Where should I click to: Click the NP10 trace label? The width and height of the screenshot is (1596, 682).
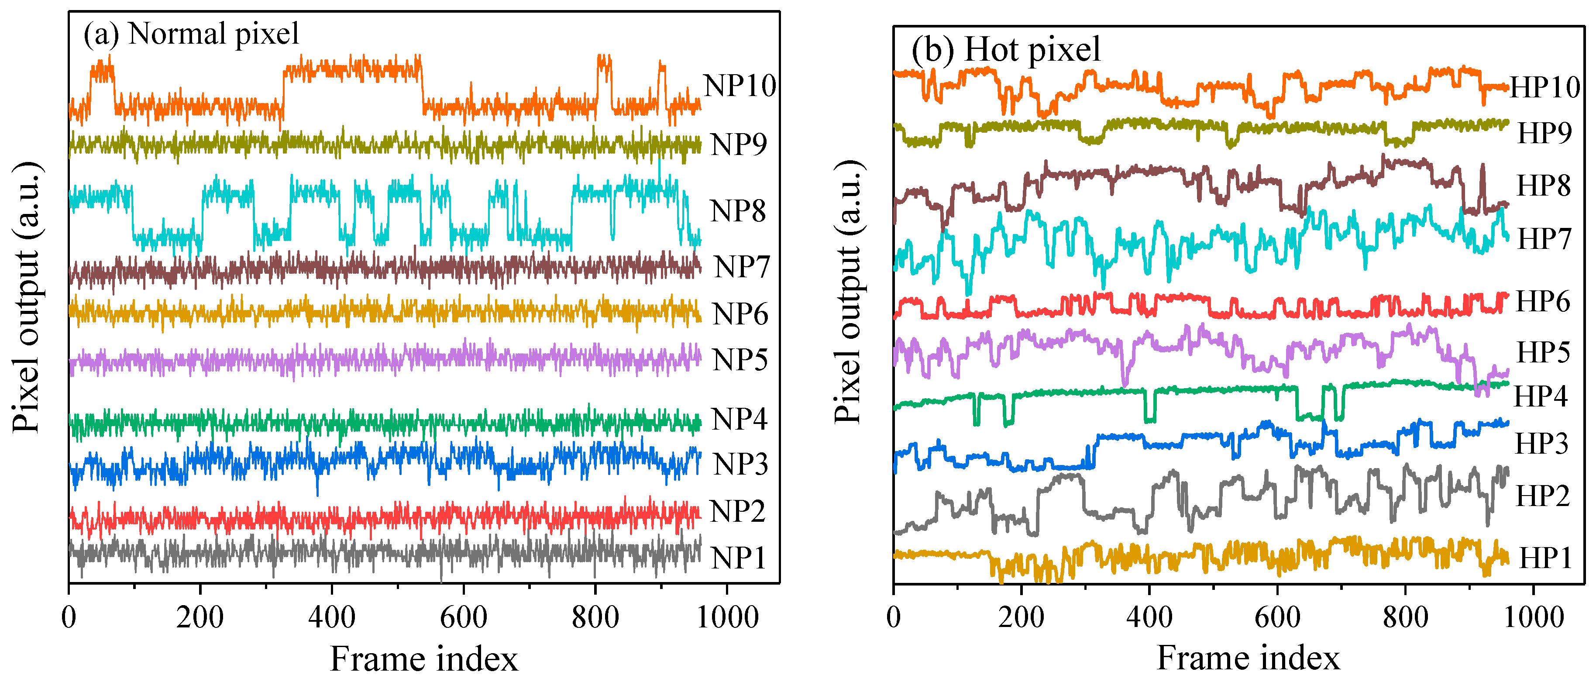click(739, 86)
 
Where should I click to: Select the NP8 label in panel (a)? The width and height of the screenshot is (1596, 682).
click(737, 211)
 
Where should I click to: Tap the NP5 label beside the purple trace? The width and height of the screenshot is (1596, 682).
click(739, 360)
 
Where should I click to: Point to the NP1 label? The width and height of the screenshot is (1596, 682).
click(737, 558)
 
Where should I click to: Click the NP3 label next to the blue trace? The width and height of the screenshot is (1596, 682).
click(740, 464)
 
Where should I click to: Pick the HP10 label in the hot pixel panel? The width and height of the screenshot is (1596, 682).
click(1544, 87)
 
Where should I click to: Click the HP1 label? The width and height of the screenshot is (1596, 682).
click(1545, 558)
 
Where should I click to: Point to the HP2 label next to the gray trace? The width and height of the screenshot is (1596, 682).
click(1543, 496)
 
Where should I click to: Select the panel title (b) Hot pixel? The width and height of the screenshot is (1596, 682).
click(1005, 49)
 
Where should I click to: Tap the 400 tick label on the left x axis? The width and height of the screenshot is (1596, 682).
click(331, 617)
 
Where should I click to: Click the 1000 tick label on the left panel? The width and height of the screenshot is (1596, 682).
click(727, 617)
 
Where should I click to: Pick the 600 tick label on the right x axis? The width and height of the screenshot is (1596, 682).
click(1277, 617)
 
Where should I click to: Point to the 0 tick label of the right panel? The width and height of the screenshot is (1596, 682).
click(894, 617)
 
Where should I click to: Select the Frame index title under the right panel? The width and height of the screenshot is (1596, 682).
click(1248, 658)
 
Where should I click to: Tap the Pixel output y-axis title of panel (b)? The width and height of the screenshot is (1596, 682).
click(848, 291)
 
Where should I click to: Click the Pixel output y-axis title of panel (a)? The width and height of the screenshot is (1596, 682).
click(26, 297)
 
